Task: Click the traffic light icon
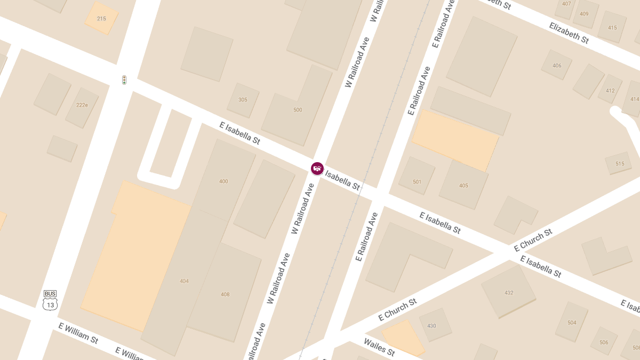click(124, 80)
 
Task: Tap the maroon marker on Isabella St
click(317, 169)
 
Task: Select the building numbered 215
click(101, 19)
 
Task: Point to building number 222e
click(82, 105)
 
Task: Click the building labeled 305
click(243, 100)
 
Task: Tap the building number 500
click(298, 110)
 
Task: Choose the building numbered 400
click(223, 181)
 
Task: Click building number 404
click(184, 281)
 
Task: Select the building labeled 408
click(225, 294)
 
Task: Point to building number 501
click(417, 182)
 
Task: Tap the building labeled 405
click(463, 186)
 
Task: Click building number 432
click(509, 293)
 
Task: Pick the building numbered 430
click(431, 326)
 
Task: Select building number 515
click(620, 164)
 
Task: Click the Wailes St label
click(379, 347)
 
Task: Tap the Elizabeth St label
click(569, 33)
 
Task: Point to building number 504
click(572, 323)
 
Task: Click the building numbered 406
click(557, 66)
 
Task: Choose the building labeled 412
click(610, 91)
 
